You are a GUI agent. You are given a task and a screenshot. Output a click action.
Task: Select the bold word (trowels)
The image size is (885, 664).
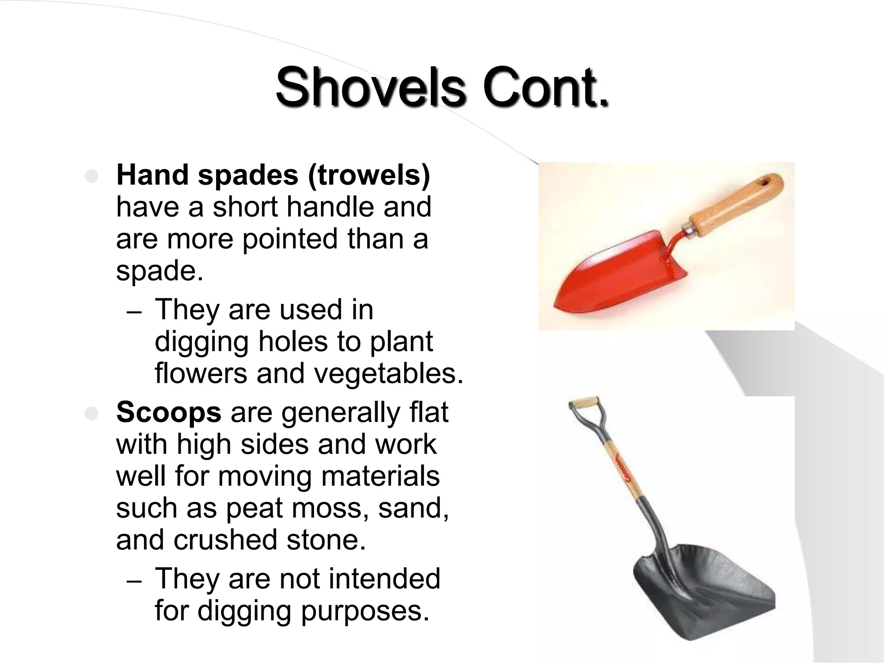pyautogui.click(x=369, y=176)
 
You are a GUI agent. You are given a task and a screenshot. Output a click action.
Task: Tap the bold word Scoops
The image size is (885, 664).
pyautogui.click(x=169, y=412)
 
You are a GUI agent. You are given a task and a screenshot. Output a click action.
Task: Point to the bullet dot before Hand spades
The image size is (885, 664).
pyautogui.click(x=92, y=177)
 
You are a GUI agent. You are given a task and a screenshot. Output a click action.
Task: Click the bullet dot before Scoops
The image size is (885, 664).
pyautogui.click(x=92, y=414)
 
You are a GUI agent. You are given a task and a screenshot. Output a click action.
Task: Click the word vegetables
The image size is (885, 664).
pyautogui.click(x=388, y=373)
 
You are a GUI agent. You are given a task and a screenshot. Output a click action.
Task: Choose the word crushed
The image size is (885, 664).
pyautogui.click(x=225, y=540)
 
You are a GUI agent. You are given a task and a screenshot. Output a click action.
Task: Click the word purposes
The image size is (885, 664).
pyautogui.click(x=365, y=611)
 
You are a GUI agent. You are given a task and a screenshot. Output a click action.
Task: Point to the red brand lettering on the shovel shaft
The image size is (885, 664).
pyautogui.click(x=624, y=471)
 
